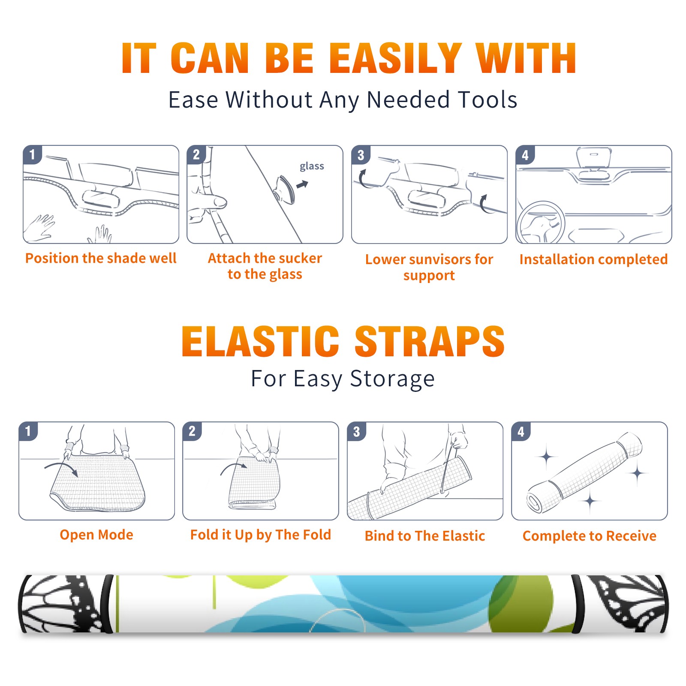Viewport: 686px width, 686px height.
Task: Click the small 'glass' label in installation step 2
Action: (x=312, y=166)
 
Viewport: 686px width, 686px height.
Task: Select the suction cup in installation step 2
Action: (x=286, y=189)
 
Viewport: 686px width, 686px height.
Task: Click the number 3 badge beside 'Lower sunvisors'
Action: (x=361, y=155)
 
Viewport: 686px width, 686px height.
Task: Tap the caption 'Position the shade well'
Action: (x=101, y=258)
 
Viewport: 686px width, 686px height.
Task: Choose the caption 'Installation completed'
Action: (x=593, y=259)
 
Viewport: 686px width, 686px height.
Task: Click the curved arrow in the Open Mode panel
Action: (x=62, y=468)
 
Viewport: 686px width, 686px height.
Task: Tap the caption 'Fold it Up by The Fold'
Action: (x=261, y=535)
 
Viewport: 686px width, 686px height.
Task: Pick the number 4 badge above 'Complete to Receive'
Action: (x=521, y=431)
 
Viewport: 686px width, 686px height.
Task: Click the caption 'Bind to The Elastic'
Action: (x=425, y=536)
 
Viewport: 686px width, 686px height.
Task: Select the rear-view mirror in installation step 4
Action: (x=593, y=158)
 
